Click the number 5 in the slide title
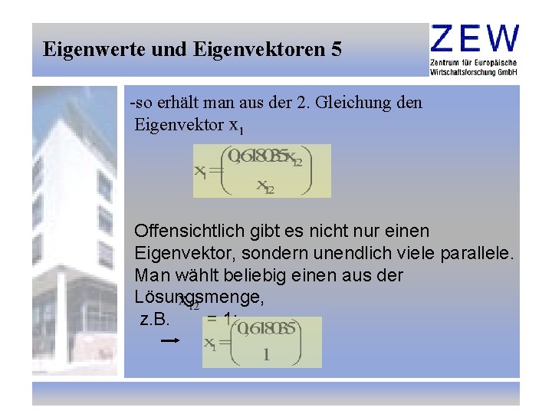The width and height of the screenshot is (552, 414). (336, 51)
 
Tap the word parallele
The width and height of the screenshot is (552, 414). (472, 253)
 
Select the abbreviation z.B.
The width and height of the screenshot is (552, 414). (156, 318)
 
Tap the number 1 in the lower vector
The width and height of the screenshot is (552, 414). (265, 355)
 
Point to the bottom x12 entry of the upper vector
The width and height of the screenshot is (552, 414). (265, 186)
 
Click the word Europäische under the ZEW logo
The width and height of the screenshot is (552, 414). (494, 61)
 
